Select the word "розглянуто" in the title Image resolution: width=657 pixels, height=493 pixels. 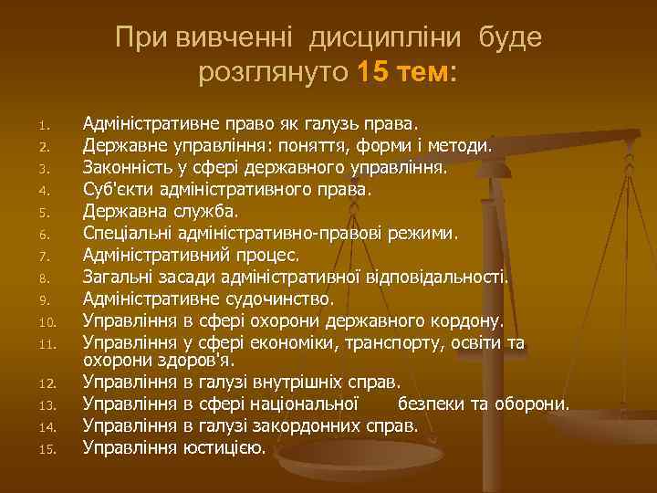click(273, 73)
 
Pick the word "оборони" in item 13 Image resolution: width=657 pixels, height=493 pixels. click(535, 404)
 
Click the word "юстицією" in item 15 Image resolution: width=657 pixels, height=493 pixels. click(224, 447)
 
